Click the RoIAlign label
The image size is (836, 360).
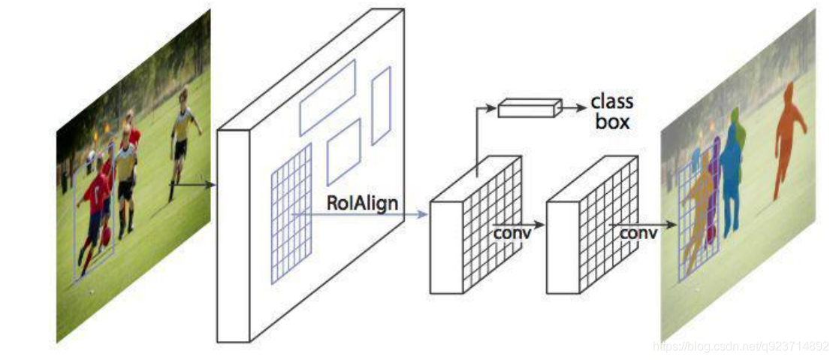tap(363, 203)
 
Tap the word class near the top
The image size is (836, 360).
tap(612, 101)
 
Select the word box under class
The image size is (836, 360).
tap(612, 121)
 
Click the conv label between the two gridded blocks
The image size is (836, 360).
tap(512, 232)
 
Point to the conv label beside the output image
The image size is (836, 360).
tap(638, 233)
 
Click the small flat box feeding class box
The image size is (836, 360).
tap(530, 108)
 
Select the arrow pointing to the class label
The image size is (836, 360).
tap(575, 108)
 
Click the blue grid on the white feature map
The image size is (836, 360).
tap(291, 212)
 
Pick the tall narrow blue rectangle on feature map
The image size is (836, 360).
tap(382, 105)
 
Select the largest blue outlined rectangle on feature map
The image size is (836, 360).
tap(327, 97)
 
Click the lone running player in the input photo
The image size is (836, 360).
tap(182, 135)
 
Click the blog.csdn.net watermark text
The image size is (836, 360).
tap(741, 346)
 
